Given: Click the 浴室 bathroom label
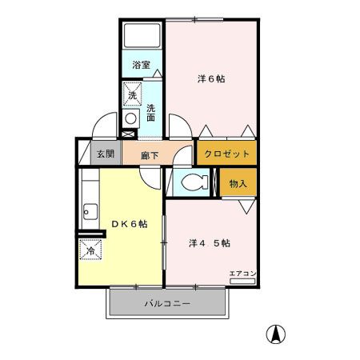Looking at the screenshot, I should coord(141,64).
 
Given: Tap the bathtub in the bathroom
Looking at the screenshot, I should coord(142,38).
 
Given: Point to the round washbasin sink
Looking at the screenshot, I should coord(131,118).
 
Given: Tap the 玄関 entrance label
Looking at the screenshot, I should coord(106,154).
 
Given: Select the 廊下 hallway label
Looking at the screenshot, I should coord(149,155).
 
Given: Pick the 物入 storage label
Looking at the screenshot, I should coord(238,183).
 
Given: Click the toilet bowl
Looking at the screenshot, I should coord(190,183).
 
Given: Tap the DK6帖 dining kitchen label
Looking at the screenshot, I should coord(128,224).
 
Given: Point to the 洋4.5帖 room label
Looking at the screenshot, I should coord(210,242).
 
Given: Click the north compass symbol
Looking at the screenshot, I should coord(276,334).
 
